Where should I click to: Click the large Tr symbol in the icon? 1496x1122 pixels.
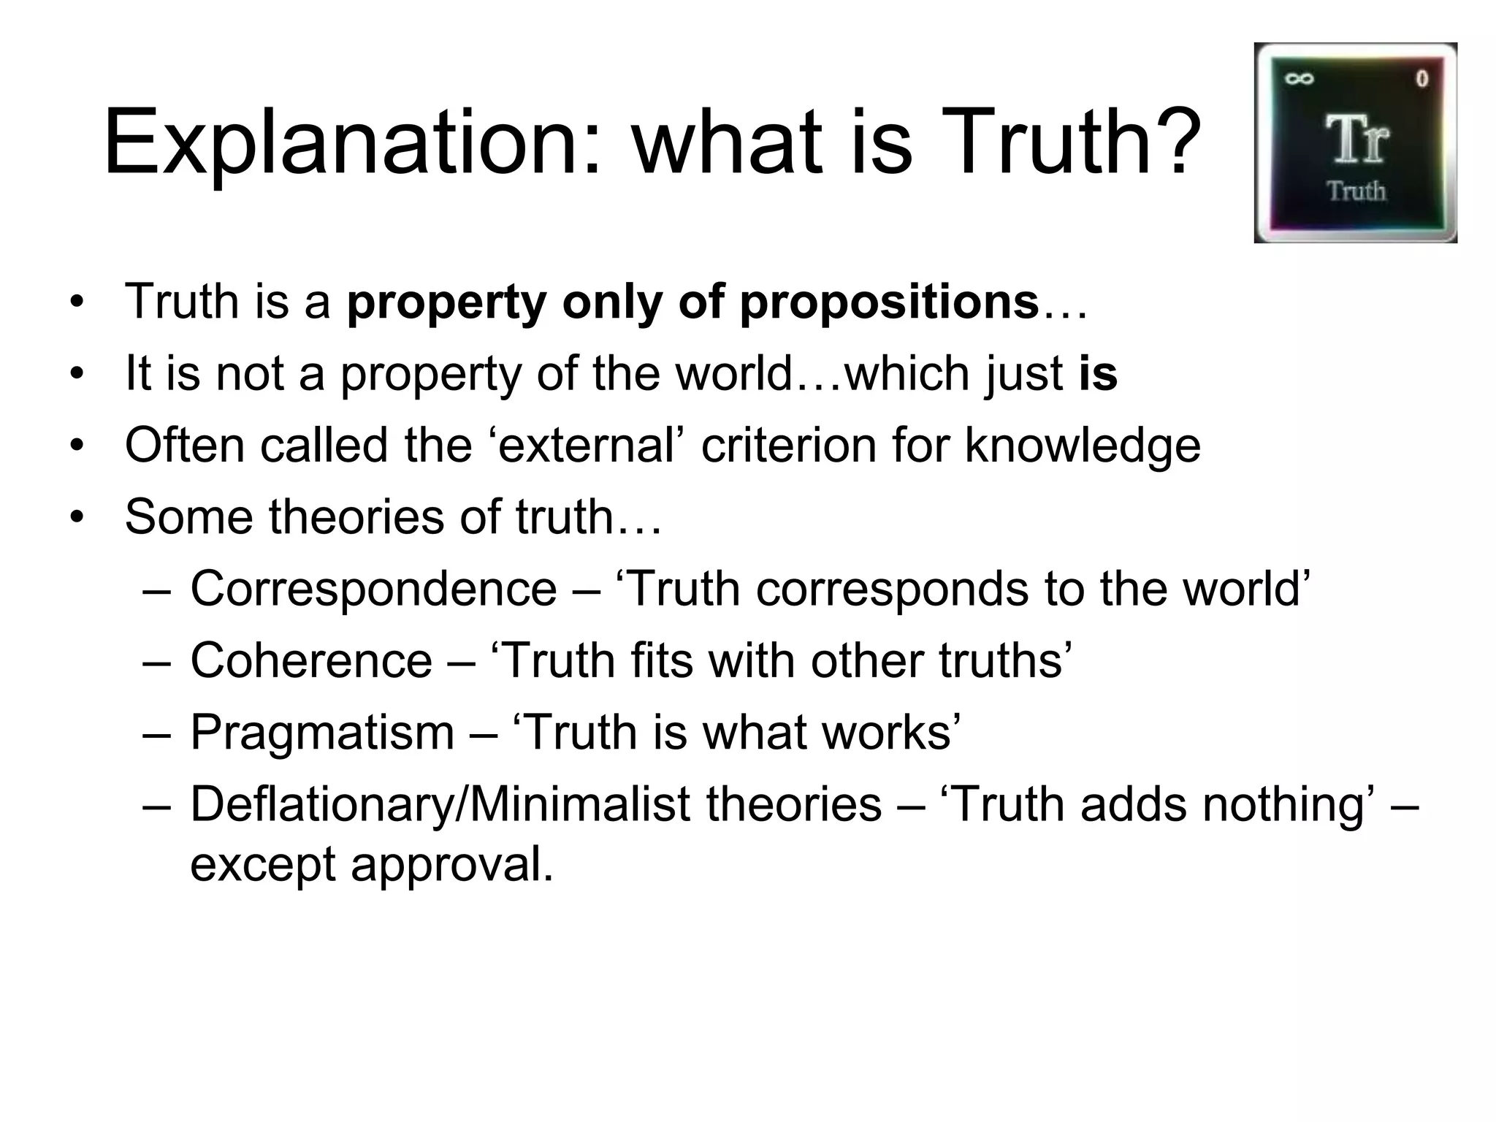pyautogui.click(x=1356, y=140)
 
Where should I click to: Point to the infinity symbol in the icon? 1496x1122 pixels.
pyautogui.click(x=1299, y=79)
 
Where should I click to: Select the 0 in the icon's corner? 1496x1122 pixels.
pyautogui.click(x=1421, y=79)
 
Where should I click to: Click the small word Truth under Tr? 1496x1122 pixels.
pyautogui.click(x=1356, y=191)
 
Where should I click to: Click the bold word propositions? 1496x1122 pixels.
pyautogui.click(x=889, y=302)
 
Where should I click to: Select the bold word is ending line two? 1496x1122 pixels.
pyautogui.click(x=1098, y=373)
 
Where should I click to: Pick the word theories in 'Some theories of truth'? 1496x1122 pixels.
pyautogui.click(x=356, y=516)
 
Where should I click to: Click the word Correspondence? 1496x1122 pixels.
pyautogui.click(x=373, y=589)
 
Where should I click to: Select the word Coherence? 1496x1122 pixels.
pyautogui.click(x=311, y=660)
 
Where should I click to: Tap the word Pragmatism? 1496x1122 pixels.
pyautogui.click(x=322, y=733)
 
